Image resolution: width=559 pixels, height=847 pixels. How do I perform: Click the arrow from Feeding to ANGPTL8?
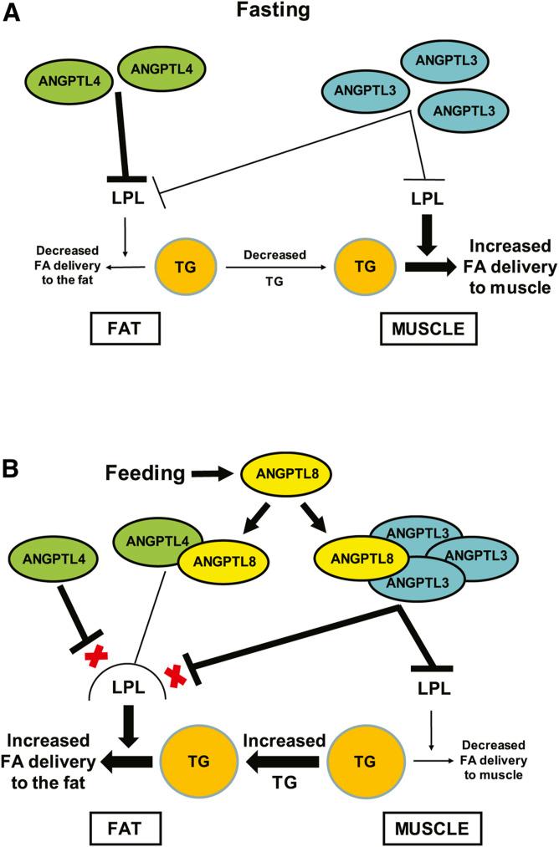click(x=210, y=474)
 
